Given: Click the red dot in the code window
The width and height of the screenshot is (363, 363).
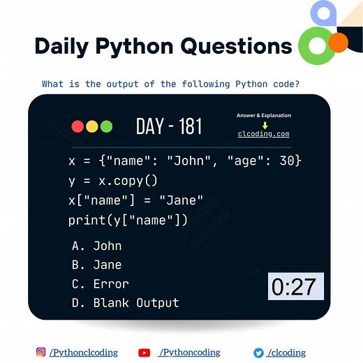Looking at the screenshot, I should [77, 126].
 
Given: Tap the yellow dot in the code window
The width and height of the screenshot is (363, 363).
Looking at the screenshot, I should [91, 126].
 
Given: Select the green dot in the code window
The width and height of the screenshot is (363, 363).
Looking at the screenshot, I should [106, 126].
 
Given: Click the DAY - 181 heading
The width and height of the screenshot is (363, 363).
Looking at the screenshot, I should [169, 126].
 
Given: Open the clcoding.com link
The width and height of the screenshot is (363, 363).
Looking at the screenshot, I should [263, 133].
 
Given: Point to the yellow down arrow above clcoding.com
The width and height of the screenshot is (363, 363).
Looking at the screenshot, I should [265, 125].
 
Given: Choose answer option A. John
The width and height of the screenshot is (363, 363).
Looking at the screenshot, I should [97, 246].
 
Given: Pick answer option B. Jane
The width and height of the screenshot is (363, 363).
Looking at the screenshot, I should [97, 265].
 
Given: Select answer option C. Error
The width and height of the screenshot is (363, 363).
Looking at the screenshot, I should [101, 284].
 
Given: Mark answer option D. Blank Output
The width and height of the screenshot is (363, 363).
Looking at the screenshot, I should [126, 303].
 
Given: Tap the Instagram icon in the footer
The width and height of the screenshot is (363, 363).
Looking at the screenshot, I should [41, 353].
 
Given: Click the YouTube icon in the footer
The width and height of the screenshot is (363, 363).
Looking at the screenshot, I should [145, 353].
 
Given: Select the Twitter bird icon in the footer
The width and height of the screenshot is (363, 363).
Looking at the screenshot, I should [258, 353].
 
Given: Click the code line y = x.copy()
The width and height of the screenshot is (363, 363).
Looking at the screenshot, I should [113, 181].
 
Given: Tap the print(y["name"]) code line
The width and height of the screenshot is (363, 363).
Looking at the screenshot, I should [128, 221].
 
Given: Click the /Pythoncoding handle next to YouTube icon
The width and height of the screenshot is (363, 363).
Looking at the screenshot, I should [189, 353].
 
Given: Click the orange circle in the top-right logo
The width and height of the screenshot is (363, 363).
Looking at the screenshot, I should [338, 42].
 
